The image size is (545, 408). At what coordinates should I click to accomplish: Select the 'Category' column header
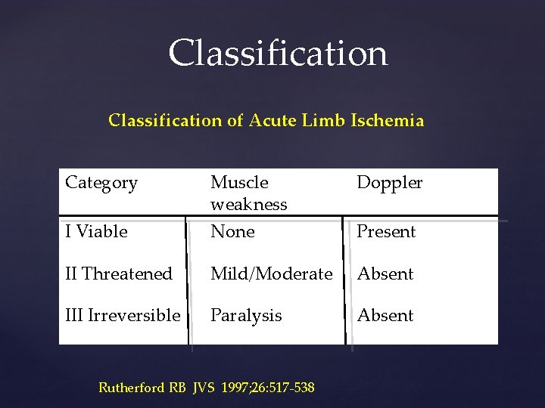(x=101, y=183)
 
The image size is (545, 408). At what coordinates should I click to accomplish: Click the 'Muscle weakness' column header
(x=248, y=193)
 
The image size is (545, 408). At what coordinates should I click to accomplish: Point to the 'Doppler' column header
(x=389, y=183)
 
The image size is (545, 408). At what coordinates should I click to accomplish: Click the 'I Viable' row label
(x=96, y=232)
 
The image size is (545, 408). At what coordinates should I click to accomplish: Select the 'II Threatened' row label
(x=119, y=274)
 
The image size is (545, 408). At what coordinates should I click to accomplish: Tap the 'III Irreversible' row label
(x=123, y=315)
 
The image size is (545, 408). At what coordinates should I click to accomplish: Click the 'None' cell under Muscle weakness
(x=232, y=232)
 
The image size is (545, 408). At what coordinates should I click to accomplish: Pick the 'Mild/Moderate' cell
(x=271, y=274)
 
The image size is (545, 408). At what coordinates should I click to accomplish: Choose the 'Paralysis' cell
(x=246, y=315)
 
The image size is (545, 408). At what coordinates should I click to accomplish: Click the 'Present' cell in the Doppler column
(x=386, y=232)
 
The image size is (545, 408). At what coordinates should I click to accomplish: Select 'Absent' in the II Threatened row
(x=385, y=274)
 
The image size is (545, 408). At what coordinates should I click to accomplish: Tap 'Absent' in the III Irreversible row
(x=385, y=315)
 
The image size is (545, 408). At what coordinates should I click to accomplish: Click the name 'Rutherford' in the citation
(x=132, y=388)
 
